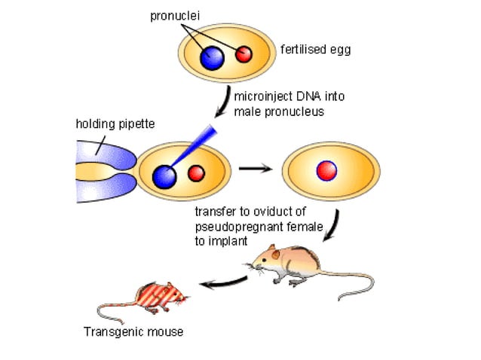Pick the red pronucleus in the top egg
(x=244, y=54)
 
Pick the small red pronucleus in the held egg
(x=196, y=173)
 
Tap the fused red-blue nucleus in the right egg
(x=326, y=171)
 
